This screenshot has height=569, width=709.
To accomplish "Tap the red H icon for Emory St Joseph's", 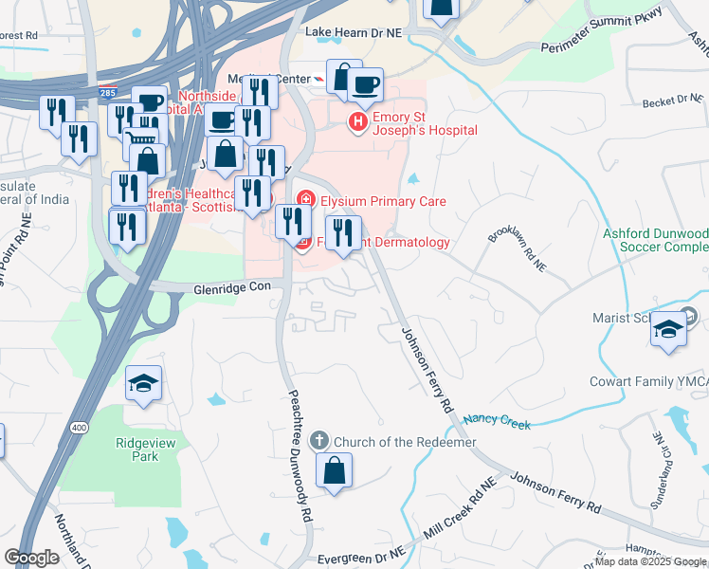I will [x=358, y=122].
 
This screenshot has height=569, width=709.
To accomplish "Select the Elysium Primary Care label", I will [x=383, y=201].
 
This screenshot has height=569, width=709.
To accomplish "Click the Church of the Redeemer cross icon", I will [x=320, y=441].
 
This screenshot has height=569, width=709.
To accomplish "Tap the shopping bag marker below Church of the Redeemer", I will [x=334, y=471].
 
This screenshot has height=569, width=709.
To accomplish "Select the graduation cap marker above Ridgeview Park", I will [x=144, y=384].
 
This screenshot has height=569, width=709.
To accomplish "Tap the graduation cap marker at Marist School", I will [x=669, y=329].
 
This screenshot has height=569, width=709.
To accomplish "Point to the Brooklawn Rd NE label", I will [x=516, y=248].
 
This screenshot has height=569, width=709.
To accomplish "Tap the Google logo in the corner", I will [x=31, y=558].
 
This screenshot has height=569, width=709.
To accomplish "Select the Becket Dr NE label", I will [x=672, y=101].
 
